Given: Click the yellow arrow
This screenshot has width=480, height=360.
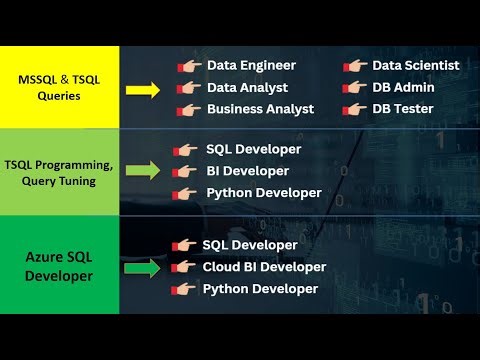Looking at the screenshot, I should pyautogui.click(x=143, y=89).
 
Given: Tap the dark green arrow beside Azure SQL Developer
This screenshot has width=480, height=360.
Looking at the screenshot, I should pyautogui.click(x=143, y=268).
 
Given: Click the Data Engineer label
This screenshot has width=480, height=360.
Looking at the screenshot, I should pyautogui.click(x=251, y=66).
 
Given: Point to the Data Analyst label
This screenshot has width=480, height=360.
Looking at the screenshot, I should pyautogui.click(x=247, y=87).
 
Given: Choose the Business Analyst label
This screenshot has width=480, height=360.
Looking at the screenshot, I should pyautogui.click(x=260, y=109).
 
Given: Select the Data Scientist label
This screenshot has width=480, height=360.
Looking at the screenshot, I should pyautogui.click(x=416, y=66).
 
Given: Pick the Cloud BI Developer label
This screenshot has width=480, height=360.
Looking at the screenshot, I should pyautogui.click(x=264, y=267).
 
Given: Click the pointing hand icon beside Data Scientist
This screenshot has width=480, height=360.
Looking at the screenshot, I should pyautogui.click(x=353, y=66).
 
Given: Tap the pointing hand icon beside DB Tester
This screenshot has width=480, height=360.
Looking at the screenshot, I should pyautogui.click(x=353, y=109).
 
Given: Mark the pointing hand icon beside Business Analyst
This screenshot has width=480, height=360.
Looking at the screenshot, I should pyautogui.click(x=188, y=109).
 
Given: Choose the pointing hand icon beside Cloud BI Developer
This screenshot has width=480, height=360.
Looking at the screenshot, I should pyautogui.click(x=184, y=267).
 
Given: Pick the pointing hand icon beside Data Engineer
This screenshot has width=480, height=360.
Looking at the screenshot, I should pyautogui.click(x=188, y=66).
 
